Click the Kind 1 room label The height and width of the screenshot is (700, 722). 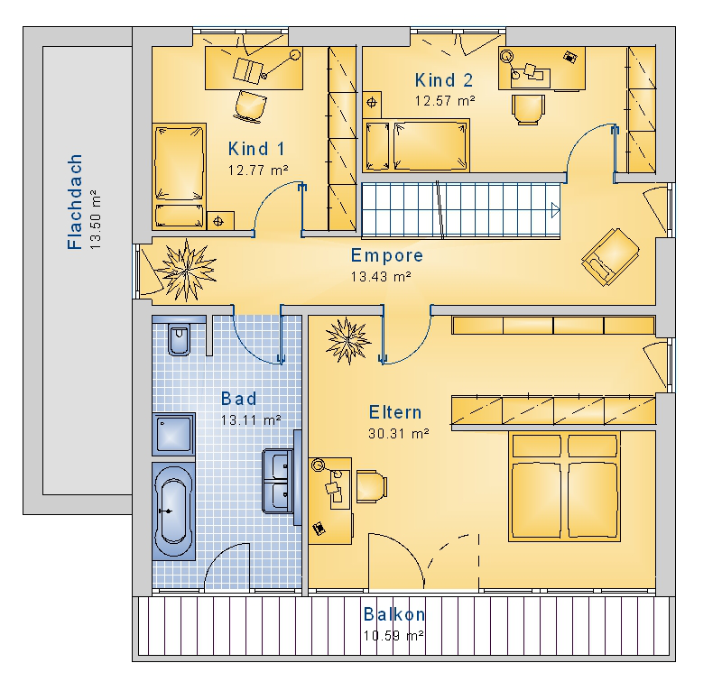pos(256,149)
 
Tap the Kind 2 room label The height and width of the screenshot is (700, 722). pos(444,80)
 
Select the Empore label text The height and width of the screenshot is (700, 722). pos(387,255)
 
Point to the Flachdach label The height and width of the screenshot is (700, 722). pos(75,201)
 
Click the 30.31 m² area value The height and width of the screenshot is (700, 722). pos(399,434)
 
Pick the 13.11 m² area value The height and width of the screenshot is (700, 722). pos(251,420)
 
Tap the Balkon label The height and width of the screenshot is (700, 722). pos(394,614)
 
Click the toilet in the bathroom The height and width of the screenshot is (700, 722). pos(179,340)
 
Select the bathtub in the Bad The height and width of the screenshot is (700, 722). pos(173,511)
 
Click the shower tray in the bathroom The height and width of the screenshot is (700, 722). pos(173,434)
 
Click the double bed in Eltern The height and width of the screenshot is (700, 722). pos(565,486)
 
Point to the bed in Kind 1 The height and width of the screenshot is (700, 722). pos(179,176)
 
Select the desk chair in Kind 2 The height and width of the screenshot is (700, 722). pos(529,109)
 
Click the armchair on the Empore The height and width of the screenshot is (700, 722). pos(611,257)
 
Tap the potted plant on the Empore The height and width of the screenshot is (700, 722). pos(186,270)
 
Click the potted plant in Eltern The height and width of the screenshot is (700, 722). pos(347,341)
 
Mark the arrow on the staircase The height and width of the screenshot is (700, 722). pos(555,211)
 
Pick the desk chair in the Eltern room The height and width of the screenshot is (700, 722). pos(372,486)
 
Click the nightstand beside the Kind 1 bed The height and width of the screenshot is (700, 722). pos(220,221)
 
